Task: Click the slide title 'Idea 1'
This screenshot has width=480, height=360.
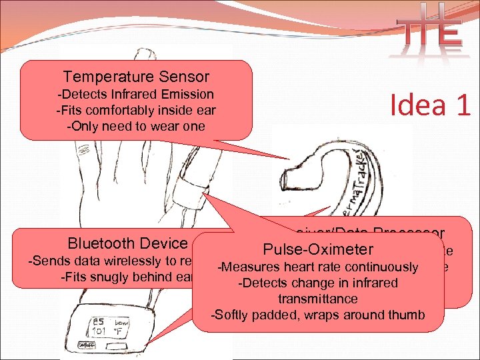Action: click(x=431, y=105)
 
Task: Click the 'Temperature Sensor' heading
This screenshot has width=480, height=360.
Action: click(x=136, y=77)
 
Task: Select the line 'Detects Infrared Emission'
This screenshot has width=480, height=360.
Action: click(x=136, y=94)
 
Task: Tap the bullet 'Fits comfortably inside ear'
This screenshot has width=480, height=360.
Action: click(x=136, y=109)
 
